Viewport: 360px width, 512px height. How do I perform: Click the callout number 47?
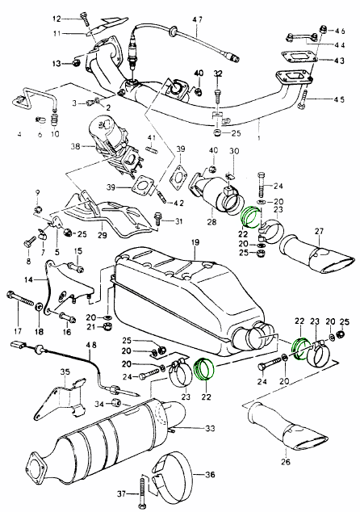tap(197, 19)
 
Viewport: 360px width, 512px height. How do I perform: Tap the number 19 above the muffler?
tap(195, 242)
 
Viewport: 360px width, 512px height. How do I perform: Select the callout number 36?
tap(211, 474)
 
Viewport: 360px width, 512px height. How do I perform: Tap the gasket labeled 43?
tap(299, 57)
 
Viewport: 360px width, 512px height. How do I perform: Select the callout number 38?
tap(75, 146)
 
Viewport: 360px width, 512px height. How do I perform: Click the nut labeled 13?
tap(76, 63)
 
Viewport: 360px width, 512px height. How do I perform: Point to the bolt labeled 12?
tap(84, 19)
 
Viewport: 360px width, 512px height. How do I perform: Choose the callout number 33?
tap(211, 428)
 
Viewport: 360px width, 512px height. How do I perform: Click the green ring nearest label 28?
tap(250, 217)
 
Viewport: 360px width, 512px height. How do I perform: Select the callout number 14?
tap(29, 280)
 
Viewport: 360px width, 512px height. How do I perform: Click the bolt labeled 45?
tap(303, 99)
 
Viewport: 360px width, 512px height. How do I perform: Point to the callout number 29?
tap(103, 234)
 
